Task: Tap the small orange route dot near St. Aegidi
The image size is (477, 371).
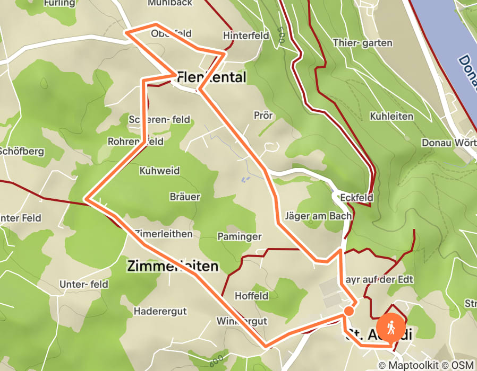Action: (348, 311)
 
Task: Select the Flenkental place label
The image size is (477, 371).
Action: (211, 78)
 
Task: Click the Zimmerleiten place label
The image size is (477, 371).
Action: (173, 266)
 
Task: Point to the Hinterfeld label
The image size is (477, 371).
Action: (246, 36)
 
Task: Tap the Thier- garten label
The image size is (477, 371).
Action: (362, 43)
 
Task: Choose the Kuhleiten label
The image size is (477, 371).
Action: (389, 115)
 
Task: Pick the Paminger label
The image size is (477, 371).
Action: (240, 236)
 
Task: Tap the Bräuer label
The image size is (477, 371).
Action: (185, 197)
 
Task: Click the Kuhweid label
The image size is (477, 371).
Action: (159, 171)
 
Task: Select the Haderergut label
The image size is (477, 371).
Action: (160, 311)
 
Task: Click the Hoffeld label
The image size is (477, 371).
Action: (251, 296)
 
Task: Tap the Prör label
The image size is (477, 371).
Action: (263, 115)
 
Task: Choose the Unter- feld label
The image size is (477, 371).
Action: (84, 284)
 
